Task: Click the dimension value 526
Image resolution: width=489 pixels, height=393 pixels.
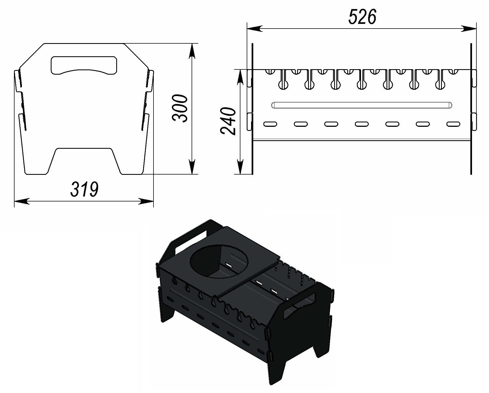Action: pos(362,17)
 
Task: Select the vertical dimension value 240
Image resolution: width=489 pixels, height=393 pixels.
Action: pos(228,121)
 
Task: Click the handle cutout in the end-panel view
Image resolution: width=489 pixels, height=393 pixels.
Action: pos(84,65)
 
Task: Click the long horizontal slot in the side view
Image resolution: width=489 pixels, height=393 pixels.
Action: pos(362,105)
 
